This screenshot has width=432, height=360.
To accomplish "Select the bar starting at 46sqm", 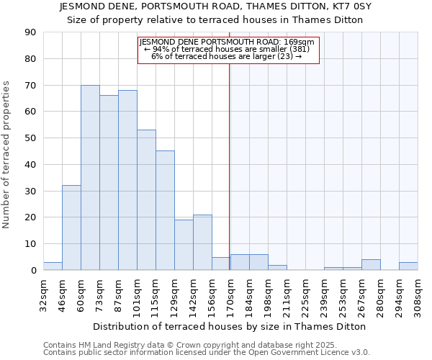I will tap(71, 228).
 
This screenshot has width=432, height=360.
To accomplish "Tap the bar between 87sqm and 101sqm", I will tap(127, 180).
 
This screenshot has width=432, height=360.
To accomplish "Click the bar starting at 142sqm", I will tap(202, 242).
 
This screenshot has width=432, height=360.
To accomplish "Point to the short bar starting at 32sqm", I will tap(53, 266).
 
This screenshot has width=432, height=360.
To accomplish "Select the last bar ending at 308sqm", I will tap(408, 266).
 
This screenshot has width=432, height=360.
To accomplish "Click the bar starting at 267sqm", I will tap(371, 265).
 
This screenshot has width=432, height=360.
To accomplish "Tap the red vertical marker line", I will tap(230, 180).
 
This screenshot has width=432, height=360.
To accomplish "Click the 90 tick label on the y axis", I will tap(30, 32).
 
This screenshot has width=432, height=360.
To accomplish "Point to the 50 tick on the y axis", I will tap(30, 138).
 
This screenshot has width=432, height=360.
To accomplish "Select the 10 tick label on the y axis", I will tap(30, 244).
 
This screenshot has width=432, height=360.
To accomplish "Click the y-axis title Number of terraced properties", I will tap(7, 155).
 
